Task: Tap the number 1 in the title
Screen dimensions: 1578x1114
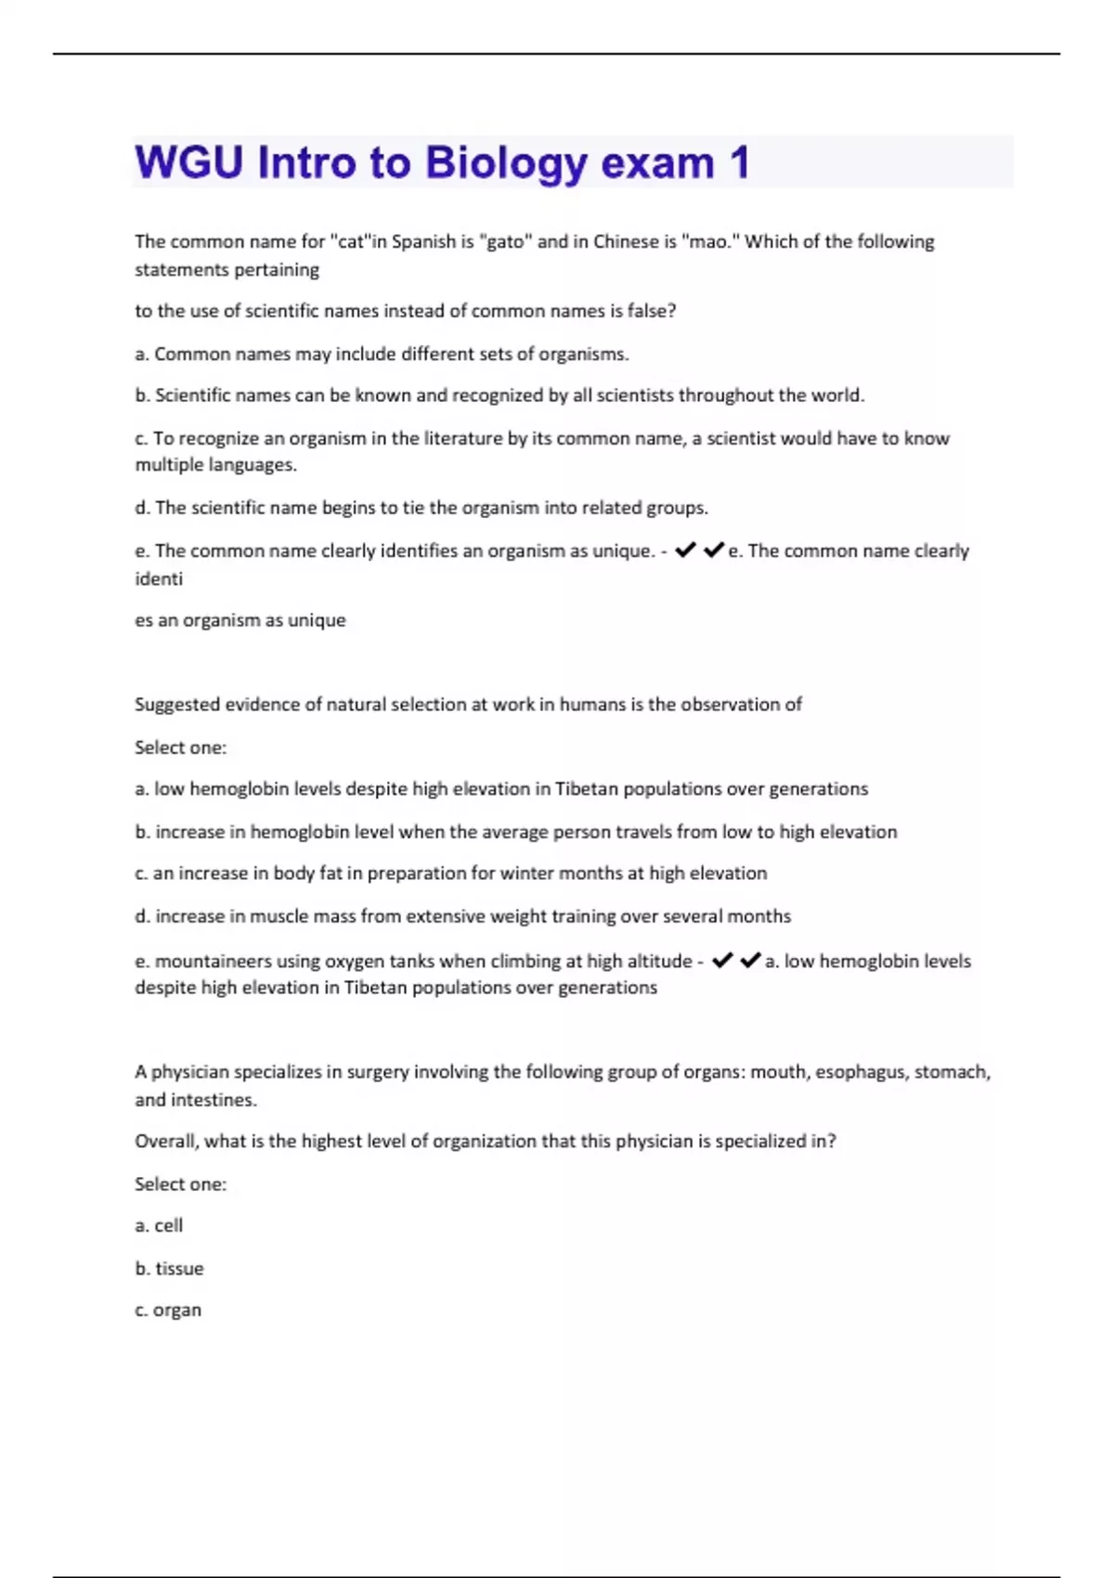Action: [x=739, y=162]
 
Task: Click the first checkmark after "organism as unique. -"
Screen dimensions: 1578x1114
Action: [x=685, y=550]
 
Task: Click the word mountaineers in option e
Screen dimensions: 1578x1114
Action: [x=214, y=961]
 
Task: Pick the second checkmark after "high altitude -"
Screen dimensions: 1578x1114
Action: [x=750, y=961]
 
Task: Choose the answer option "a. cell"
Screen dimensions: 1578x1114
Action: [x=159, y=1225]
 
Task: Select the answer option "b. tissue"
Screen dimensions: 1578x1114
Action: [x=169, y=1268]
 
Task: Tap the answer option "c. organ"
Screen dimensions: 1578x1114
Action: [x=168, y=1310]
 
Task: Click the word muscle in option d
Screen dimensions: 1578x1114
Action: [x=276, y=916]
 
